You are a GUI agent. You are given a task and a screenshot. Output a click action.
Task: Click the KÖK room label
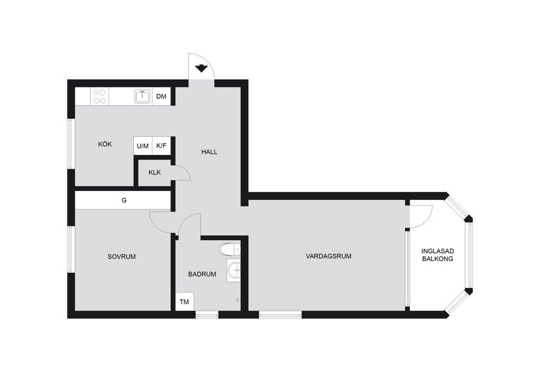[105, 144]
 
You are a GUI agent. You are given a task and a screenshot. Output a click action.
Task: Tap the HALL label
[209, 152]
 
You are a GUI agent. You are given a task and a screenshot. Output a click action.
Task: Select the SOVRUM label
[122, 257]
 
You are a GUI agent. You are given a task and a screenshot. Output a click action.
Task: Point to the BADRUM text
[202, 274]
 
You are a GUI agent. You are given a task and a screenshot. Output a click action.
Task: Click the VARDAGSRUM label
[329, 256]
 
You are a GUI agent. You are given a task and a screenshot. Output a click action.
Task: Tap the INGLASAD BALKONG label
[437, 255]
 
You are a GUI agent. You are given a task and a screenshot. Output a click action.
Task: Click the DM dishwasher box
[161, 96]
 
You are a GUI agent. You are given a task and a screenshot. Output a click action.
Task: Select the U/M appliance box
[142, 146]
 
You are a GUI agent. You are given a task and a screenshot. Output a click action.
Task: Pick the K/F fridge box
[161, 146]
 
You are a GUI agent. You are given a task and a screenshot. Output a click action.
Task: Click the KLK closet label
[155, 173]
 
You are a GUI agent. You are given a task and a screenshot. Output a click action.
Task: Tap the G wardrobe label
[124, 200]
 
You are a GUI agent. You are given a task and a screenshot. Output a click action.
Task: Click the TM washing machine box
[184, 302]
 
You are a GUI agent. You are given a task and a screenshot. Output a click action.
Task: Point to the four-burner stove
[100, 96]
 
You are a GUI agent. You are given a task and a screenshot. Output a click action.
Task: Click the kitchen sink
[142, 96]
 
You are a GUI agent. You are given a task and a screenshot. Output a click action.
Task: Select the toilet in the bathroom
[229, 249]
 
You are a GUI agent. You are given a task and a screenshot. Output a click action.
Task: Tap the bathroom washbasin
[234, 270]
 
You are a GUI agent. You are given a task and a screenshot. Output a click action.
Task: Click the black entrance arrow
[201, 68]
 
